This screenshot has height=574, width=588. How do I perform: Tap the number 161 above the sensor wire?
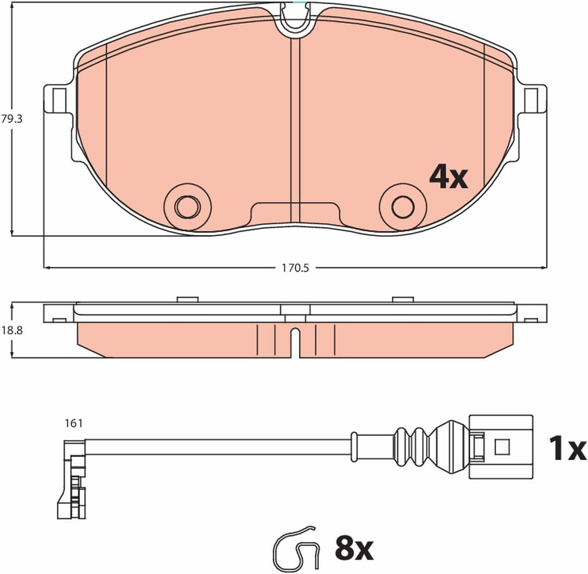click(x=73, y=423)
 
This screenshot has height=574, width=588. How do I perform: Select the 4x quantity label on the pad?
click(x=448, y=177)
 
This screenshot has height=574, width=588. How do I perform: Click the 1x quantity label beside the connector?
click(x=567, y=448)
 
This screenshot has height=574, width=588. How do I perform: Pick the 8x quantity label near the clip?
click(x=354, y=548)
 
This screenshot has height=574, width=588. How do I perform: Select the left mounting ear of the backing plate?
click(x=57, y=99)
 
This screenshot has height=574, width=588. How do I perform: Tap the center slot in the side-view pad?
click(x=295, y=343)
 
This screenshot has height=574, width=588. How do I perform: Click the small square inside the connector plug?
click(x=501, y=447)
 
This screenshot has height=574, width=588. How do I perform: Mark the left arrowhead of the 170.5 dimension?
click(x=46, y=268)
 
